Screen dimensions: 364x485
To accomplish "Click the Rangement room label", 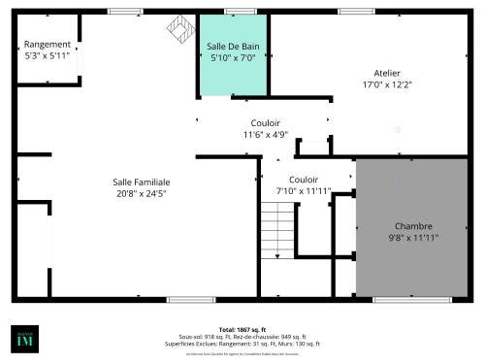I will [x=47, y=45].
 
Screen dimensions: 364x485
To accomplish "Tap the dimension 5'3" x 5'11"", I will [x=47, y=55].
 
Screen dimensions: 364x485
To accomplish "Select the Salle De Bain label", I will [x=232, y=47].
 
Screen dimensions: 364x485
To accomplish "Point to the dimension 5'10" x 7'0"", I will [x=232, y=58].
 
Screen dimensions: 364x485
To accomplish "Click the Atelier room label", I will [x=388, y=73].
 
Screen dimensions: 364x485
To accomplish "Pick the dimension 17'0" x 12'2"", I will [x=388, y=84].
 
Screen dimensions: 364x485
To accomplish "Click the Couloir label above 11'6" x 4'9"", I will [x=266, y=123].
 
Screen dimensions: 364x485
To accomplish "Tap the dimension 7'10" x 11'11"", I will [x=304, y=191].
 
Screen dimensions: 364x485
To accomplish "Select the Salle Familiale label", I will [x=142, y=182].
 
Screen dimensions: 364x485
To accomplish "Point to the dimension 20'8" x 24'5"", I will [x=142, y=193].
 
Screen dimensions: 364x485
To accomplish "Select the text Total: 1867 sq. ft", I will [x=242, y=330].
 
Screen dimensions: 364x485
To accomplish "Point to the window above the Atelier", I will [x=353, y=11].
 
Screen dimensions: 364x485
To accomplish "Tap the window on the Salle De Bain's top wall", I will [x=233, y=11].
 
